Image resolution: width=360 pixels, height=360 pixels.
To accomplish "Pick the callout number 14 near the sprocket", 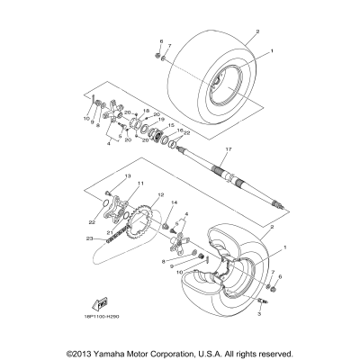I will click(x=175, y=203).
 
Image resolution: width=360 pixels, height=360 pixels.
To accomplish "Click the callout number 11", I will click(x=115, y=184).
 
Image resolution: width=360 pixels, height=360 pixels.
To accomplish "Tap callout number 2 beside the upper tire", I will click(x=256, y=31).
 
